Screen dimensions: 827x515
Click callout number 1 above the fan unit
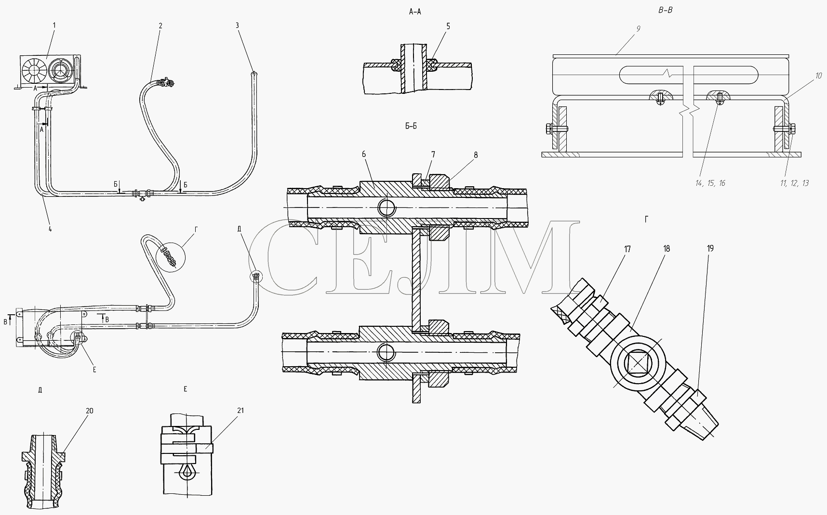pyautogui.click(x=54, y=25)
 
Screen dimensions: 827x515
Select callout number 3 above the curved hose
pyautogui.click(x=238, y=26)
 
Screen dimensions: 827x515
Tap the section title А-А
pyautogui.click(x=414, y=13)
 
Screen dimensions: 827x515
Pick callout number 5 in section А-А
pyautogui.click(x=448, y=26)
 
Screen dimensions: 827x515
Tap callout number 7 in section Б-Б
pyautogui.click(x=433, y=154)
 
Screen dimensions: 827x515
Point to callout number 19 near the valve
pyautogui.click(x=710, y=248)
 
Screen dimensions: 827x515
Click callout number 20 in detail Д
pyautogui.click(x=90, y=411)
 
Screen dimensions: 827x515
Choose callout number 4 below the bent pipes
pyautogui.click(x=50, y=229)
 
